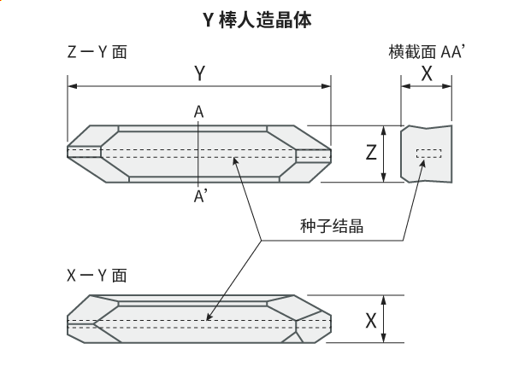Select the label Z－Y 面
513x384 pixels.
coord(97,52)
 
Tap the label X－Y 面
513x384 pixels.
coord(97,275)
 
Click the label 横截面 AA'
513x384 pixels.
coord(426,53)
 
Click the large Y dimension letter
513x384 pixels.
coord(199,74)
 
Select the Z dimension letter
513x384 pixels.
coord(371,154)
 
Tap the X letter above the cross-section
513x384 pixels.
coord(427,74)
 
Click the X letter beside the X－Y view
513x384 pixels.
coord(371,321)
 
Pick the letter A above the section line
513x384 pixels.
coord(198,112)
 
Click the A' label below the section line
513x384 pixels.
coord(200,196)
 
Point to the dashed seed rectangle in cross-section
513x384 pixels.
coord(428,154)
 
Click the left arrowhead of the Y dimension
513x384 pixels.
coord(72,86)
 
